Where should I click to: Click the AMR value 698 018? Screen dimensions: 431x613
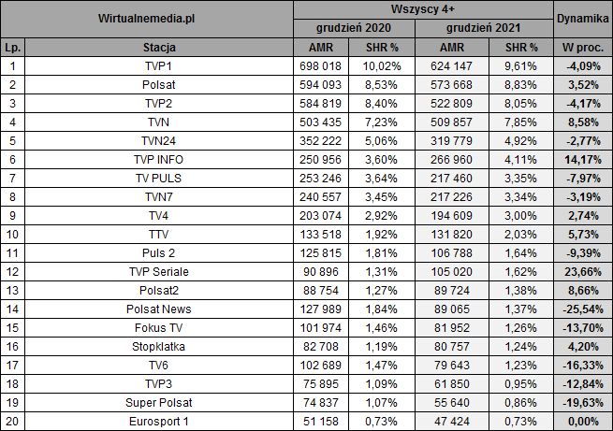tap(321, 65)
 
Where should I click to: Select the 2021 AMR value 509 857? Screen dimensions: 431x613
tap(451, 121)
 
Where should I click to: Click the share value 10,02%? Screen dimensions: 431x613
tap(383, 65)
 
